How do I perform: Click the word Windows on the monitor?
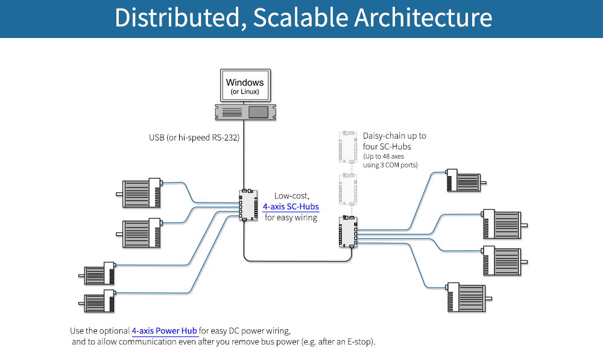click(244, 82)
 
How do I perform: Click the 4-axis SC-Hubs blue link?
click(291, 206)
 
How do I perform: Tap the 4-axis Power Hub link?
click(165, 330)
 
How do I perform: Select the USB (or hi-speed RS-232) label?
click(194, 137)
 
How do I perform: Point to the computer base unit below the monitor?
click(245, 112)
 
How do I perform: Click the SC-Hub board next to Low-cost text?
click(248, 205)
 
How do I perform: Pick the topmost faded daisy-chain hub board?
click(348, 146)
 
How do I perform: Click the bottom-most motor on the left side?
click(100, 301)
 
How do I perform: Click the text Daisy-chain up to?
click(394, 136)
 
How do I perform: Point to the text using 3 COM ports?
click(390, 165)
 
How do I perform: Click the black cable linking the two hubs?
click(295, 261)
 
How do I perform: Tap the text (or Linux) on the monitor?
click(245, 92)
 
